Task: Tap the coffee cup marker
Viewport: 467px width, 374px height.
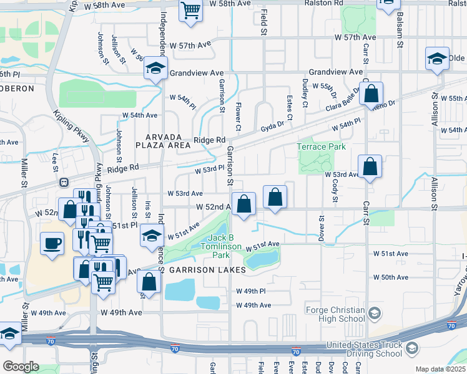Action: [x=52, y=242]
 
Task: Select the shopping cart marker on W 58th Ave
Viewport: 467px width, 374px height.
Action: [x=190, y=10]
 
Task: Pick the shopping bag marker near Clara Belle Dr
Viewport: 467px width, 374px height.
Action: [x=371, y=93]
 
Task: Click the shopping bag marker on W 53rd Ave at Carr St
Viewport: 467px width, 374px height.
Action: [x=370, y=167]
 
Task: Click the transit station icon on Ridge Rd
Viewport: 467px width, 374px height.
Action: [x=63, y=183]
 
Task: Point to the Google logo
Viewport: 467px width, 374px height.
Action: [x=21, y=367]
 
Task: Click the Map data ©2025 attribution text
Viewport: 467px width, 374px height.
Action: [x=440, y=369]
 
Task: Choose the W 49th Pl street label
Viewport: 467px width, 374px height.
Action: [x=251, y=291]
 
